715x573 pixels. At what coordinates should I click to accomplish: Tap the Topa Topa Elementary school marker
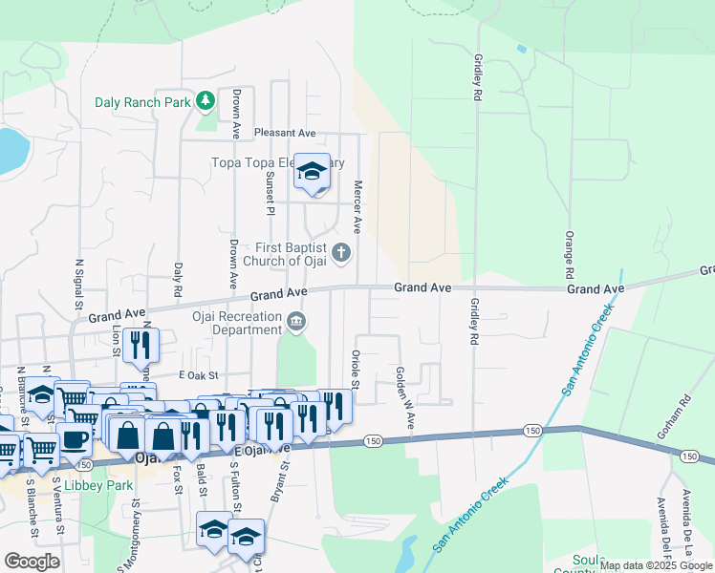point(312,172)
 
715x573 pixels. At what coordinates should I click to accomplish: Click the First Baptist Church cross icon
point(344,253)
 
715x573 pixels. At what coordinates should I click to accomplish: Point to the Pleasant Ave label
point(284,133)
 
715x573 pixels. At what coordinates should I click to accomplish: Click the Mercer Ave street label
point(357,207)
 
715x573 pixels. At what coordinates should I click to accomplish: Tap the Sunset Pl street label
point(270,194)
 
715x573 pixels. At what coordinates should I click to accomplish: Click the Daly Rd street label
point(178,279)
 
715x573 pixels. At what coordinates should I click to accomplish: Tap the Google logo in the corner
point(31,562)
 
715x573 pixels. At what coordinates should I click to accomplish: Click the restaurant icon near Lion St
point(141,345)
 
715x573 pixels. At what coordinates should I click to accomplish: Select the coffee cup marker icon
point(76,438)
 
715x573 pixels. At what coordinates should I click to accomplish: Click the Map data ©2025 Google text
point(656,565)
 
